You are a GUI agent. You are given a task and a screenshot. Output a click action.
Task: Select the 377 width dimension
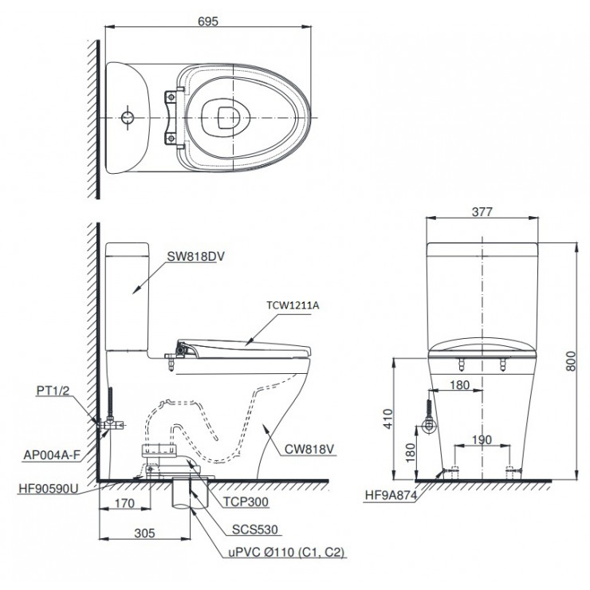[x=481, y=212]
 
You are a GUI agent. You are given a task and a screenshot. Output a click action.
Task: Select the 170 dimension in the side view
[x=124, y=503]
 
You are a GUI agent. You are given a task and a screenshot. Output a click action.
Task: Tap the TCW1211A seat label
[x=293, y=304]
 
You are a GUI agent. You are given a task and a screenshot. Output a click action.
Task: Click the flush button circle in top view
[x=127, y=118]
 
